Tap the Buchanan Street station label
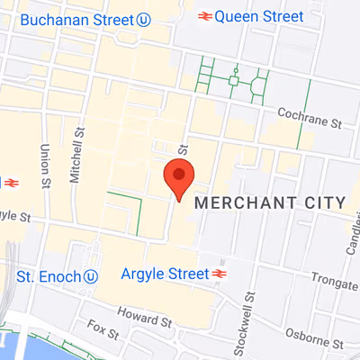(76, 19)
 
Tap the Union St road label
(45, 162)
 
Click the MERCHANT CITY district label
(270, 202)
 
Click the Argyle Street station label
(163, 272)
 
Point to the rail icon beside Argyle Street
(218, 272)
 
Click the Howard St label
(143, 319)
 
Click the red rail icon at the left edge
(11, 181)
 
